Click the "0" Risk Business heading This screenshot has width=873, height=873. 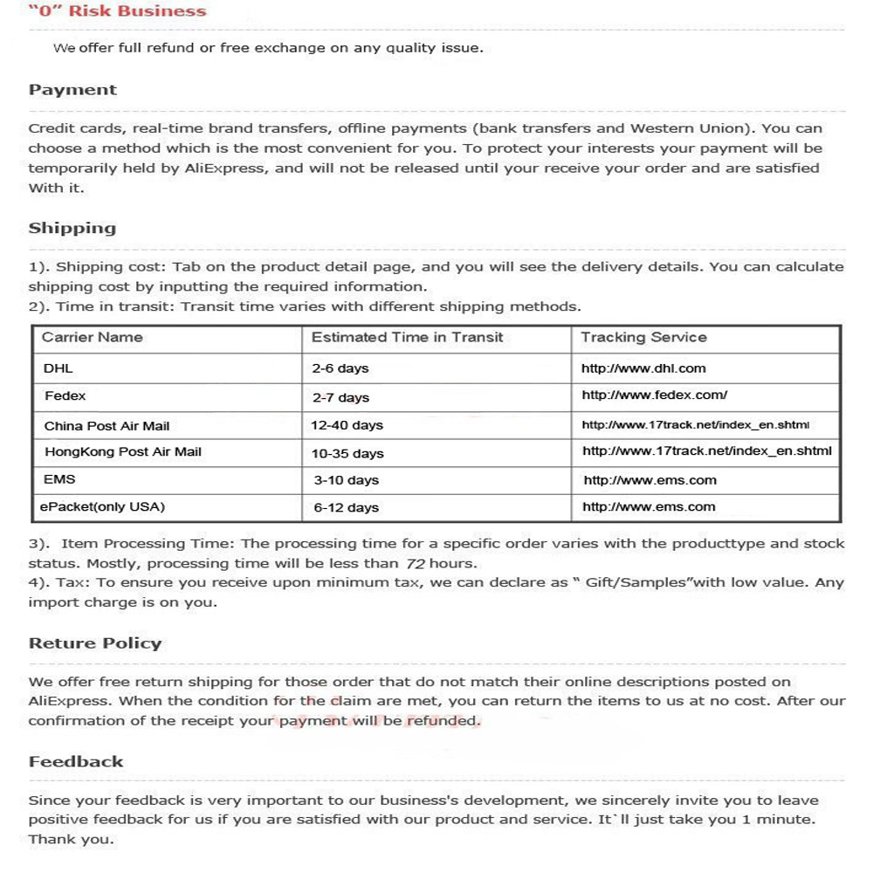pyautogui.click(x=117, y=11)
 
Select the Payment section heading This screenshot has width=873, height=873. pyautogui.click(x=72, y=90)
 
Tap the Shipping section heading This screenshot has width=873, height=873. pyautogui.click(x=72, y=229)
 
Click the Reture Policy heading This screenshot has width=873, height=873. pyautogui.click(x=95, y=643)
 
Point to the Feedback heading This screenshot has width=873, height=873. pyautogui.click(x=76, y=762)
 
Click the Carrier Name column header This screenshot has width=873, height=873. pyautogui.click(x=92, y=338)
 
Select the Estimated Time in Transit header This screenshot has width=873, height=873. pyautogui.click(x=407, y=338)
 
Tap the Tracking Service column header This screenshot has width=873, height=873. pyautogui.click(x=643, y=338)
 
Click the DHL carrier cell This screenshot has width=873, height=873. pyautogui.click(x=58, y=368)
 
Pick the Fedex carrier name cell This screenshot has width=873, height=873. pyautogui.click(x=65, y=396)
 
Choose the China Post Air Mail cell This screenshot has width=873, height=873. pyautogui.click(x=107, y=426)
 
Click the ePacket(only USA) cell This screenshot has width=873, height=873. pyautogui.click(x=102, y=506)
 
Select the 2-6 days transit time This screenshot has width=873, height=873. pyautogui.click(x=340, y=368)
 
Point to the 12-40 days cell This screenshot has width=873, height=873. pyautogui.click(x=347, y=426)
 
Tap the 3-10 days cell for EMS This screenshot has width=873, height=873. pyautogui.click(x=346, y=480)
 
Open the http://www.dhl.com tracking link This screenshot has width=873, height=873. pyautogui.click(x=643, y=368)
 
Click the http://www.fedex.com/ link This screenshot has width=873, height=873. pyautogui.click(x=654, y=395)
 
